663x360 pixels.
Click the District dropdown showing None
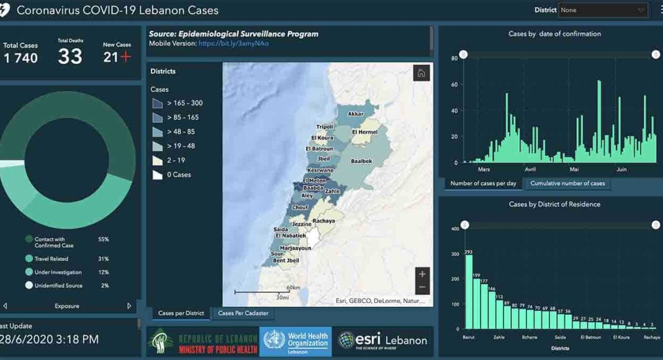click(x=603, y=10)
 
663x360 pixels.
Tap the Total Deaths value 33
click(x=70, y=56)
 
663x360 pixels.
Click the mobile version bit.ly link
click(x=233, y=43)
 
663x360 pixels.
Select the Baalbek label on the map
click(x=361, y=161)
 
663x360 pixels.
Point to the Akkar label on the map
click(x=356, y=114)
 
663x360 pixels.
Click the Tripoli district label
click(x=325, y=126)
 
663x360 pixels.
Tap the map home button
click(x=421, y=73)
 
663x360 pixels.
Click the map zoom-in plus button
click(x=422, y=274)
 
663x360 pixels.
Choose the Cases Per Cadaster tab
click(x=243, y=313)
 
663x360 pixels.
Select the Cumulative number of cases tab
click(x=567, y=183)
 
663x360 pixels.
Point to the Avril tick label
click(x=530, y=169)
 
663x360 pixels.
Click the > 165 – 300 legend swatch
click(x=157, y=103)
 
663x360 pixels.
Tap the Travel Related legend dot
click(x=29, y=258)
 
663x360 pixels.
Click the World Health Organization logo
click(x=295, y=341)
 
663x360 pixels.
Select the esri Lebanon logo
click(x=383, y=340)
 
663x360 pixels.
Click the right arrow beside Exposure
click(x=129, y=306)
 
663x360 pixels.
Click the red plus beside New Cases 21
click(x=126, y=57)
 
